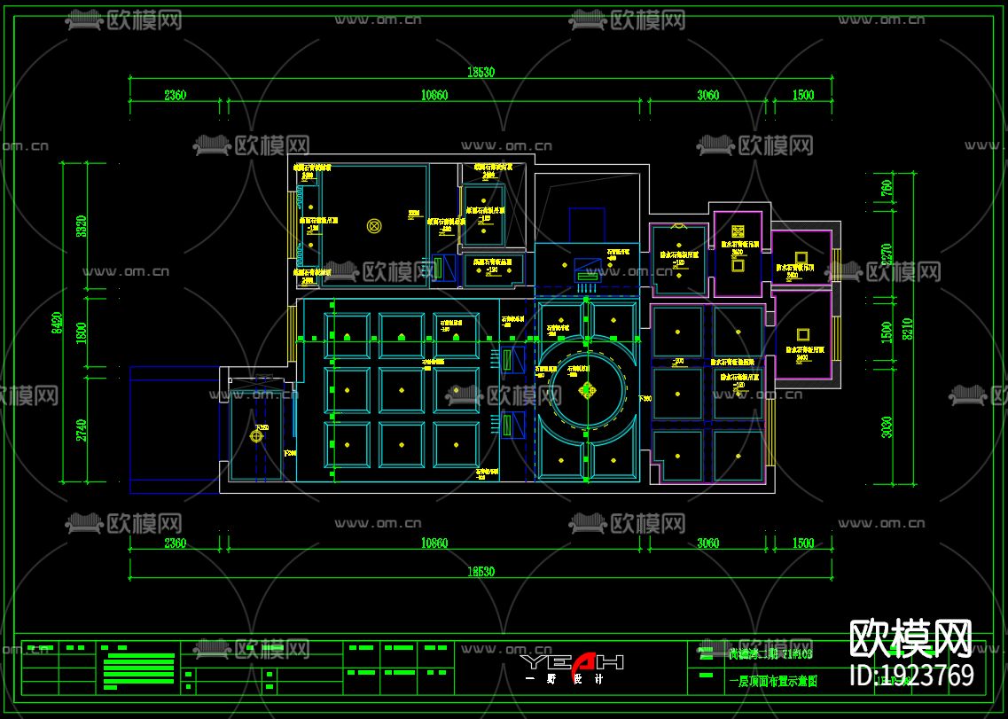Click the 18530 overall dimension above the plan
pyautogui.click(x=481, y=73)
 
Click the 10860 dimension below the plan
pyautogui.click(x=434, y=543)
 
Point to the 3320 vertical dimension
pyautogui.click(x=82, y=229)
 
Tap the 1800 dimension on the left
pyautogui.click(x=82, y=333)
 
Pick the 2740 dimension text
pyautogui.click(x=82, y=429)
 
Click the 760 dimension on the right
pyautogui.click(x=886, y=188)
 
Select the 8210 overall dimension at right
pyautogui.click(x=906, y=328)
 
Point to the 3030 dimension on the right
pyautogui.click(x=886, y=427)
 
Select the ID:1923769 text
pyautogui.click(x=911, y=676)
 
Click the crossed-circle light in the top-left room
pyautogui.click(x=374, y=226)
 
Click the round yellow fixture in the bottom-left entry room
pyautogui.click(x=257, y=435)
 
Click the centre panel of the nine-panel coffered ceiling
pyautogui.click(x=401, y=388)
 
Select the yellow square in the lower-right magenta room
pyautogui.click(x=802, y=335)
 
